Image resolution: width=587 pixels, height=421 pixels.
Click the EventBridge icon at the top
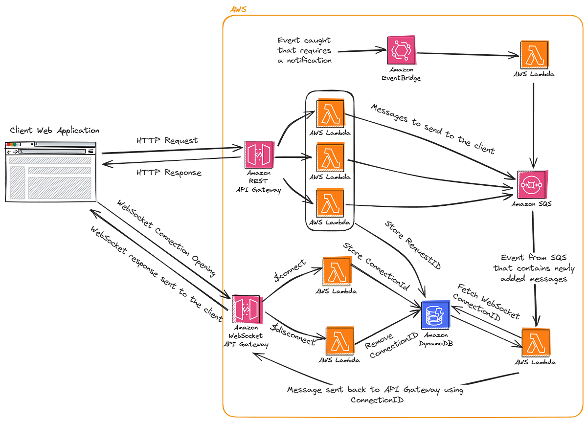coord(401,50)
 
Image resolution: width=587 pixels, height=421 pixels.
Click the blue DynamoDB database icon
coord(435,314)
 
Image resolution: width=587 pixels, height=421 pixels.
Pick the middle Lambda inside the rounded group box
coord(331,157)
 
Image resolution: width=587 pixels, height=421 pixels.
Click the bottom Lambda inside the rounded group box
coord(331,201)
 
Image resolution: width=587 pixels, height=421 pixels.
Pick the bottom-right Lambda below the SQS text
coord(536,342)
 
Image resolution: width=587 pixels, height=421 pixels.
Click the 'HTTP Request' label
coord(166,141)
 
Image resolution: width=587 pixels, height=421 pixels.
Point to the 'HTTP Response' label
coord(168,172)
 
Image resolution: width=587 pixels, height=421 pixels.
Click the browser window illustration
coord(50,171)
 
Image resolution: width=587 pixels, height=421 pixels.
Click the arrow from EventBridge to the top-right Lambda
coord(467,54)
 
